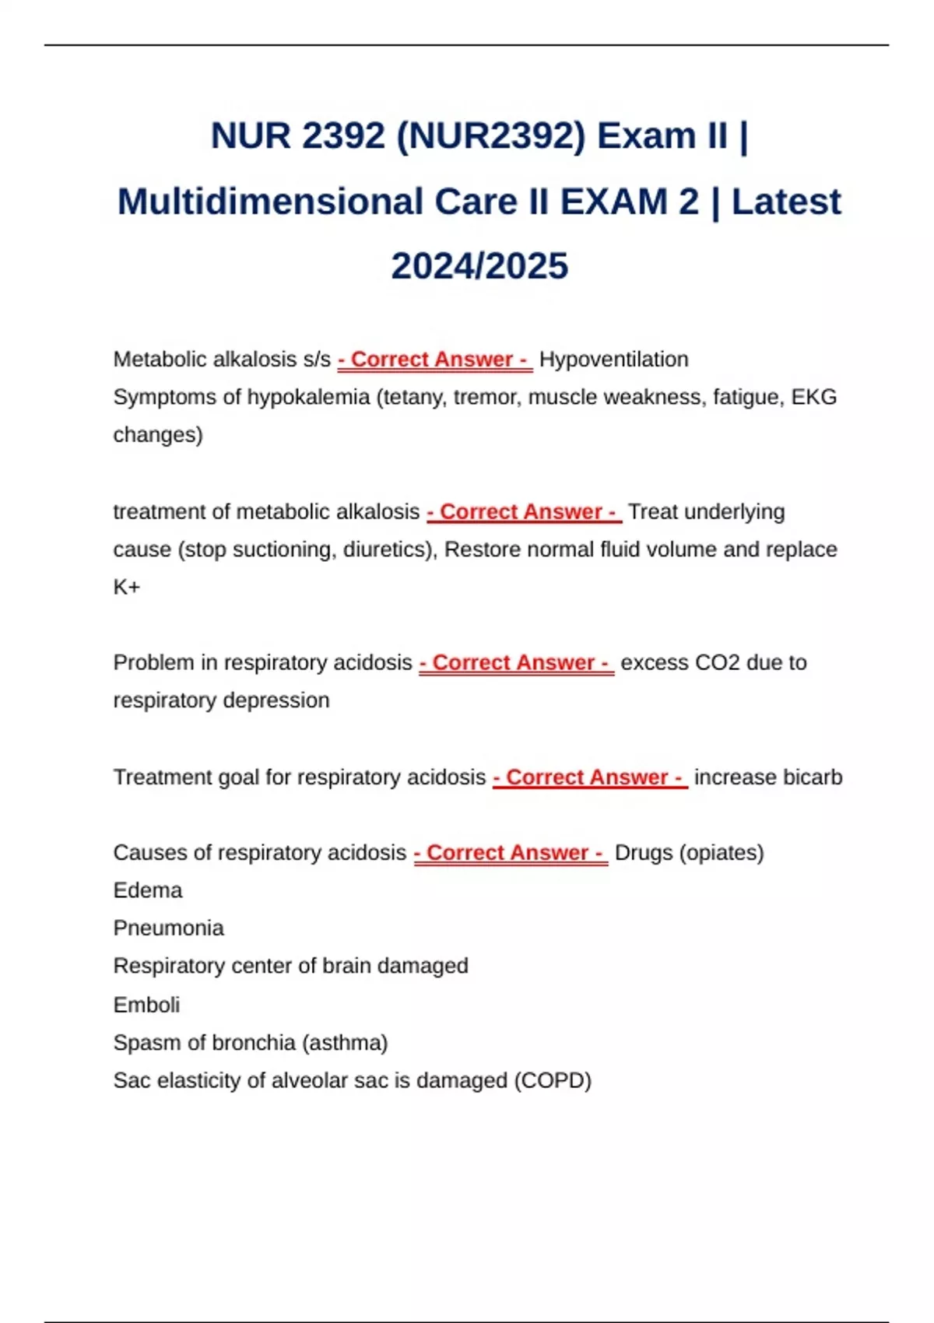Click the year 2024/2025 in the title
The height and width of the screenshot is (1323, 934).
click(479, 266)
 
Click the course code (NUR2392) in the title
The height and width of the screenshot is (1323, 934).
click(491, 136)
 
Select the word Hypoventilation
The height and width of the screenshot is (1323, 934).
click(613, 360)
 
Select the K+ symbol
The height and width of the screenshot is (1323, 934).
click(127, 587)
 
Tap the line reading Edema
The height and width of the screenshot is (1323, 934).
click(148, 890)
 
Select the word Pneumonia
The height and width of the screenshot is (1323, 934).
click(169, 928)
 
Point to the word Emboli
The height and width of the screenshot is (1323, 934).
click(146, 1005)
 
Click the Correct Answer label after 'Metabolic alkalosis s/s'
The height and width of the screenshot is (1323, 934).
click(434, 360)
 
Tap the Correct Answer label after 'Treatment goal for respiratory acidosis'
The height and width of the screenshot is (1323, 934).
click(590, 777)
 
